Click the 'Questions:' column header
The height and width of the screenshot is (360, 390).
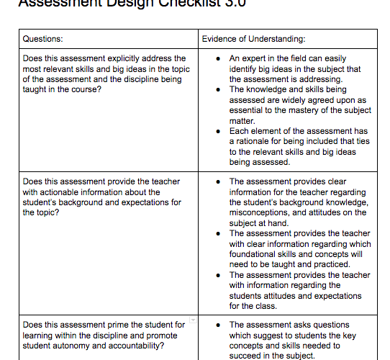(43, 38)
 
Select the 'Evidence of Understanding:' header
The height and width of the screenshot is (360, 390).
(253, 38)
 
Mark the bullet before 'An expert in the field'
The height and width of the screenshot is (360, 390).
(217, 58)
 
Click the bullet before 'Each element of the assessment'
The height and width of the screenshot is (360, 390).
(217, 131)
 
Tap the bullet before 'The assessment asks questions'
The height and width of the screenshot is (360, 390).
(217, 325)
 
